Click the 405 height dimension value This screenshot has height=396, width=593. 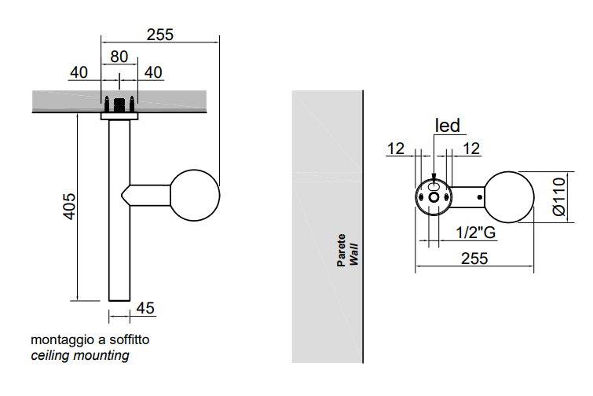point(69,206)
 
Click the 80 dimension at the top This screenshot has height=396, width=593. point(119,57)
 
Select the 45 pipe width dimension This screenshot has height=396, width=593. point(145,308)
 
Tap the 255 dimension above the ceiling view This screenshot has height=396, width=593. point(159,35)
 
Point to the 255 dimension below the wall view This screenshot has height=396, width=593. point(474,258)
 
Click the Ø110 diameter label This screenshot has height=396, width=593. point(558,197)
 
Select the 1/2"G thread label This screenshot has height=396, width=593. point(476,233)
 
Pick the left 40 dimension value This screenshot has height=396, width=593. point(79,72)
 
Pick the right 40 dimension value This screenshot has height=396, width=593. point(153,72)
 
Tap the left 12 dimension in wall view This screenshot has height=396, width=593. point(395,148)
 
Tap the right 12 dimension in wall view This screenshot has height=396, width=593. point(471,148)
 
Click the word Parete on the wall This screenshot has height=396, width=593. point(342,250)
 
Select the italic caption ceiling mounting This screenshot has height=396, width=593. point(80,356)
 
